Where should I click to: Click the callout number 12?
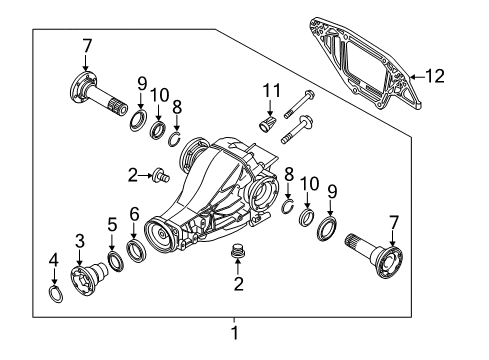(x=435, y=76)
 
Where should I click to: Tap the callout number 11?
(x=272, y=91)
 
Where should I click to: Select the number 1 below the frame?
(x=235, y=333)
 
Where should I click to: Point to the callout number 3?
(x=80, y=241)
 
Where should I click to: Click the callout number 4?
(x=54, y=260)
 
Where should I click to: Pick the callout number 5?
(x=112, y=225)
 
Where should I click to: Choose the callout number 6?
(x=134, y=214)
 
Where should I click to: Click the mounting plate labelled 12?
(x=366, y=63)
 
